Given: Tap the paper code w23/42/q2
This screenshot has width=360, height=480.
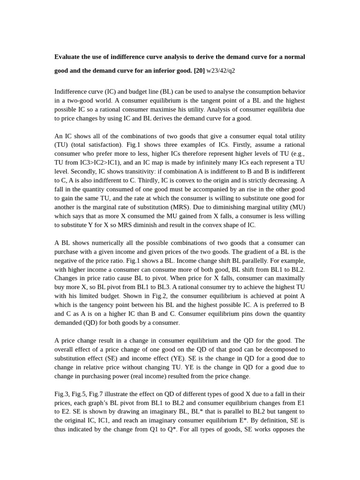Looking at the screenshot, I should [221, 71].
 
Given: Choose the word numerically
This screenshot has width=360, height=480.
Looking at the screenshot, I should [99, 243].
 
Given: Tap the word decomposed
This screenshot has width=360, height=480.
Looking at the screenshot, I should [284, 350].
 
